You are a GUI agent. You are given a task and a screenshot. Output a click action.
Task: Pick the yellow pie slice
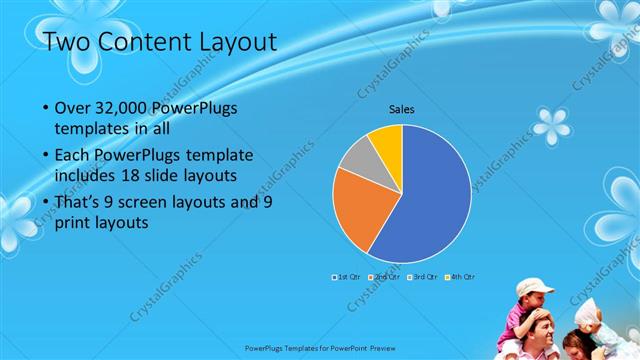pos(387,140)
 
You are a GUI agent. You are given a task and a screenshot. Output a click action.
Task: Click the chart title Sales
pos(402,109)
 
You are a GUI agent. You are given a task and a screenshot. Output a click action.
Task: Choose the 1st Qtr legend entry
pos(346,275)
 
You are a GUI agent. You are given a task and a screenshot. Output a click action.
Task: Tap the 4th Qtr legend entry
pos(461,275)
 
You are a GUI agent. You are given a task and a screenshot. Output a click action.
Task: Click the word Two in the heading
pos(69,42)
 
